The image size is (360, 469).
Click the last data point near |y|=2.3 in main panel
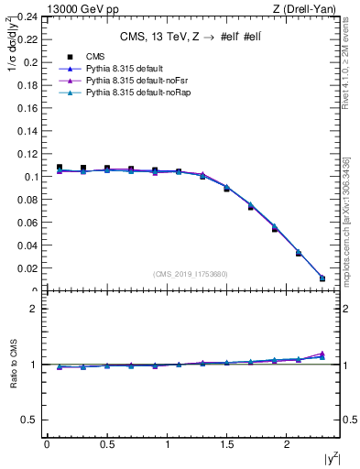[x=322, y=278]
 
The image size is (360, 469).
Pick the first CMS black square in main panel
[x=60, y=168]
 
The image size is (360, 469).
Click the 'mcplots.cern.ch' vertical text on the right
[x=349, y=229]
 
